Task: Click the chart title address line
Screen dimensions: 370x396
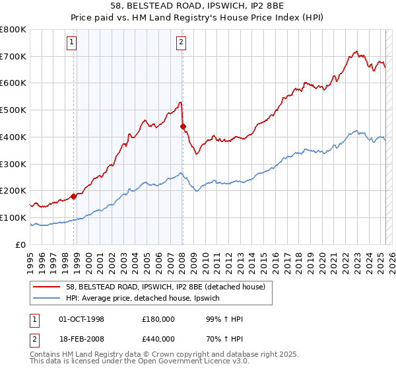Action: (198, 6)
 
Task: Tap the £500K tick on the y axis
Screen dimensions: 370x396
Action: (13, 110)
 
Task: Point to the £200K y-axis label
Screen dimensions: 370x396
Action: (13, 191)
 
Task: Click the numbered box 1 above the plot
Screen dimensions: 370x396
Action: (71, 44)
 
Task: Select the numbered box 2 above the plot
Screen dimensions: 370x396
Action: (180, 44)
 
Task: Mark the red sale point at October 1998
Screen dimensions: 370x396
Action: (74, 196)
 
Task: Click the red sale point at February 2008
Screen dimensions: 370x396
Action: (183, 126)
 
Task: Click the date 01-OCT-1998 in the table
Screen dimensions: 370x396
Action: (82, 319)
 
